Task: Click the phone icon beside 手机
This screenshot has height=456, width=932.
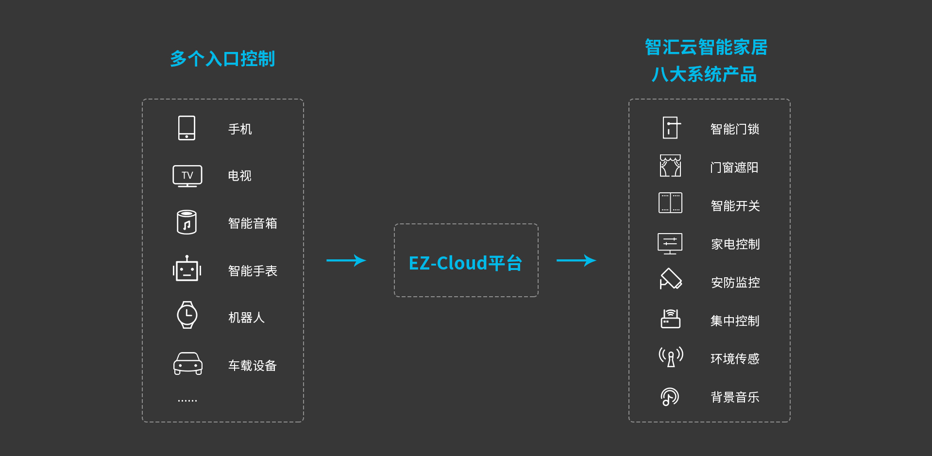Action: [x=186, y=128]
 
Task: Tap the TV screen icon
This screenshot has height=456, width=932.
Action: [x=187, y=175]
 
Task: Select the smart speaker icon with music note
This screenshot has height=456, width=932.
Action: [x=187, y=222]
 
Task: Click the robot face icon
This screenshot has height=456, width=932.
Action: [x=187, y=270]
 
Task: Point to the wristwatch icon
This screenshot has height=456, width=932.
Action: [x=187, y=315]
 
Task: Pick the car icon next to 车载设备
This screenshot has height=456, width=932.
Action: [x=187, y=364]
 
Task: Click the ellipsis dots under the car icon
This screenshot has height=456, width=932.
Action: [x=187, y=401]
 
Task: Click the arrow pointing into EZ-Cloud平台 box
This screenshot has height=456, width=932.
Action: [x=346, y=261]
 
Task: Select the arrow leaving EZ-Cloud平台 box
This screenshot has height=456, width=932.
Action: [x=576, y=261]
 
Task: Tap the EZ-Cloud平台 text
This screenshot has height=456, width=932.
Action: [x=465, y=263]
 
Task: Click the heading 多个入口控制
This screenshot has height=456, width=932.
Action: [x=222, y=59]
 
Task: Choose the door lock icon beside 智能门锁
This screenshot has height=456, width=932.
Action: [x=671, y=128]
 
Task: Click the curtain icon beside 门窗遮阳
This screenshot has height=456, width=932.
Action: [x=670, y=166]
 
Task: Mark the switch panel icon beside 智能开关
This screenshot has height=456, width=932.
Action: [x=670, y=203]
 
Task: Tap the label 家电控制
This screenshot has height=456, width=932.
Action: [x=735, y=244]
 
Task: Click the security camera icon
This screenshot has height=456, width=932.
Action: [x=670, y=279]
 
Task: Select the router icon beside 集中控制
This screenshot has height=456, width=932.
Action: [x=670, y=319]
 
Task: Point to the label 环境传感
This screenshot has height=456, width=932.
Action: [x=735, y=359]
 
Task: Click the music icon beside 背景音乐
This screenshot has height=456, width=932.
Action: [x=670, y=397]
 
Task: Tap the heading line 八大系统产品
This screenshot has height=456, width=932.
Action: [x=704, y=75]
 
